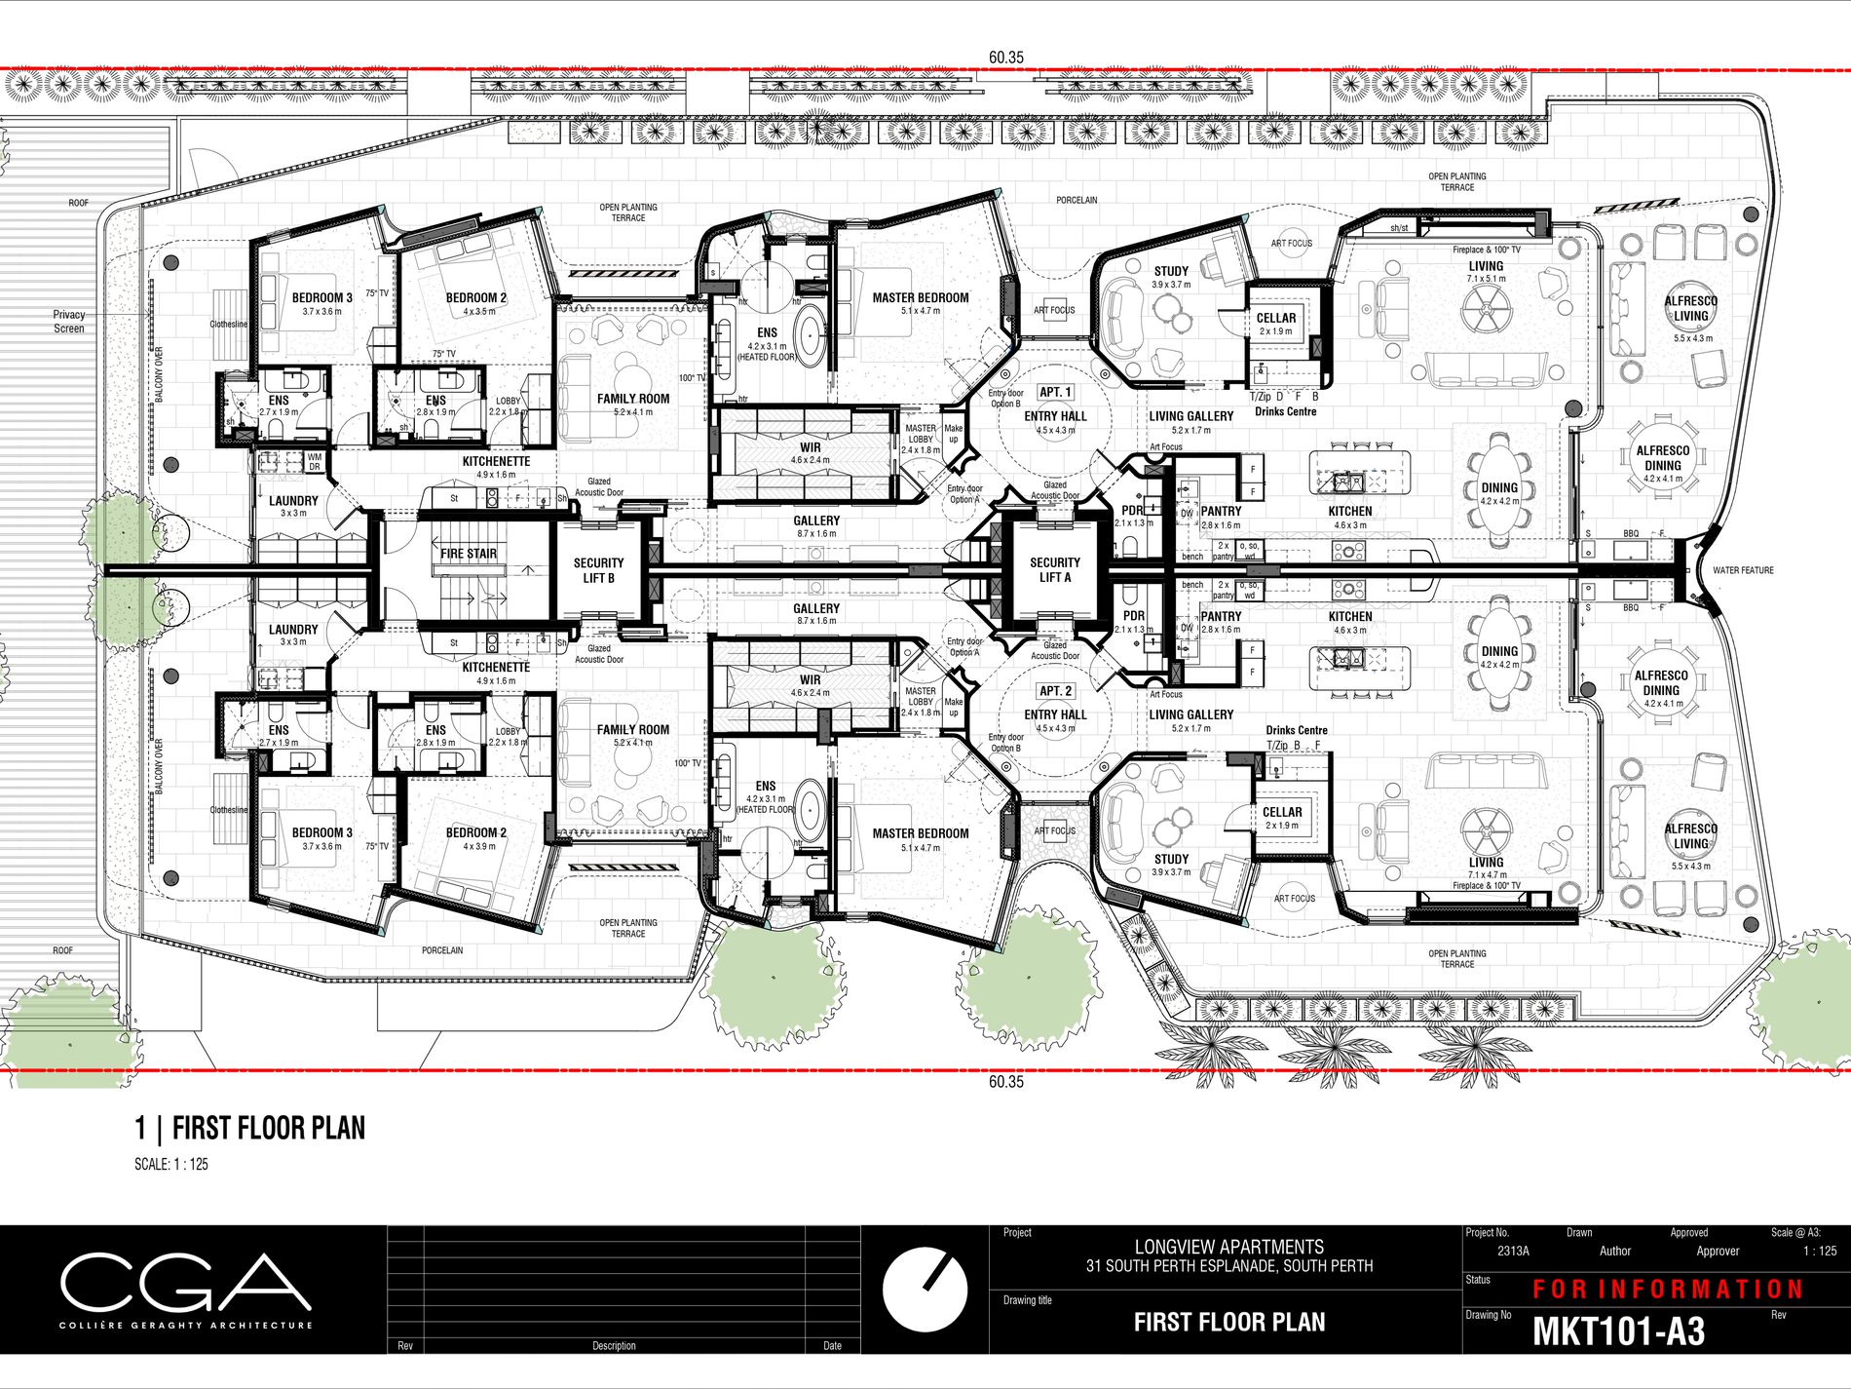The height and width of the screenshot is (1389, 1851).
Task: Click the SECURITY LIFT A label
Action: pos(1055,569)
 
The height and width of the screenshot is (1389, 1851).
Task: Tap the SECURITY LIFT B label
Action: pos(598,570)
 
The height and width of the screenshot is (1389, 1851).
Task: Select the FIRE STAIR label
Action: pos(469,554)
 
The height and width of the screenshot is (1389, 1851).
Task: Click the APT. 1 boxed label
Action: pos(1055,392)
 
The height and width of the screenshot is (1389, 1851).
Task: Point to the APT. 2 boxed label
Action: pos(1055,691)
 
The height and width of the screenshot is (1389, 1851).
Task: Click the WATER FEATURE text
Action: pos(1743,570)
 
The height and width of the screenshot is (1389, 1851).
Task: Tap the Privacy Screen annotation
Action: pos(69,322)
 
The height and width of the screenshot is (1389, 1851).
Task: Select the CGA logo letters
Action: pos(185,1283)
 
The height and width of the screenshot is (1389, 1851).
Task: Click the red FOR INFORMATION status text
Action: pos(1668,1290)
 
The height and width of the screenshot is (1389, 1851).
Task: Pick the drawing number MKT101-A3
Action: pos(1618,1331)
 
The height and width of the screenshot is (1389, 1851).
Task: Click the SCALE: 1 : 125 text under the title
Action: pos(171,1164)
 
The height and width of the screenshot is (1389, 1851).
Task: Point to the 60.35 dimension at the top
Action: pos(1006,58)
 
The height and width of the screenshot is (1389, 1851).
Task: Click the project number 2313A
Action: pos(1513,1252)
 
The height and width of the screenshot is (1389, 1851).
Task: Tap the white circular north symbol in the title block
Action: pos(925,1288)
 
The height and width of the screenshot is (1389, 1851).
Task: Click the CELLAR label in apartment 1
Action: pos(1276,318)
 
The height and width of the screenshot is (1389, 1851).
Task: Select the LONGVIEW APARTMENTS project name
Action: pos(1228,1247)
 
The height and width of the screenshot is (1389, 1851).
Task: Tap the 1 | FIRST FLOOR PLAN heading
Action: pos(250,1129)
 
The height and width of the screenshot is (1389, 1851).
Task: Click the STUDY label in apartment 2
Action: pos(1171,859)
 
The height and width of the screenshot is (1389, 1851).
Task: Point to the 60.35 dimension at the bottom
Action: pos(1006,1081)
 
